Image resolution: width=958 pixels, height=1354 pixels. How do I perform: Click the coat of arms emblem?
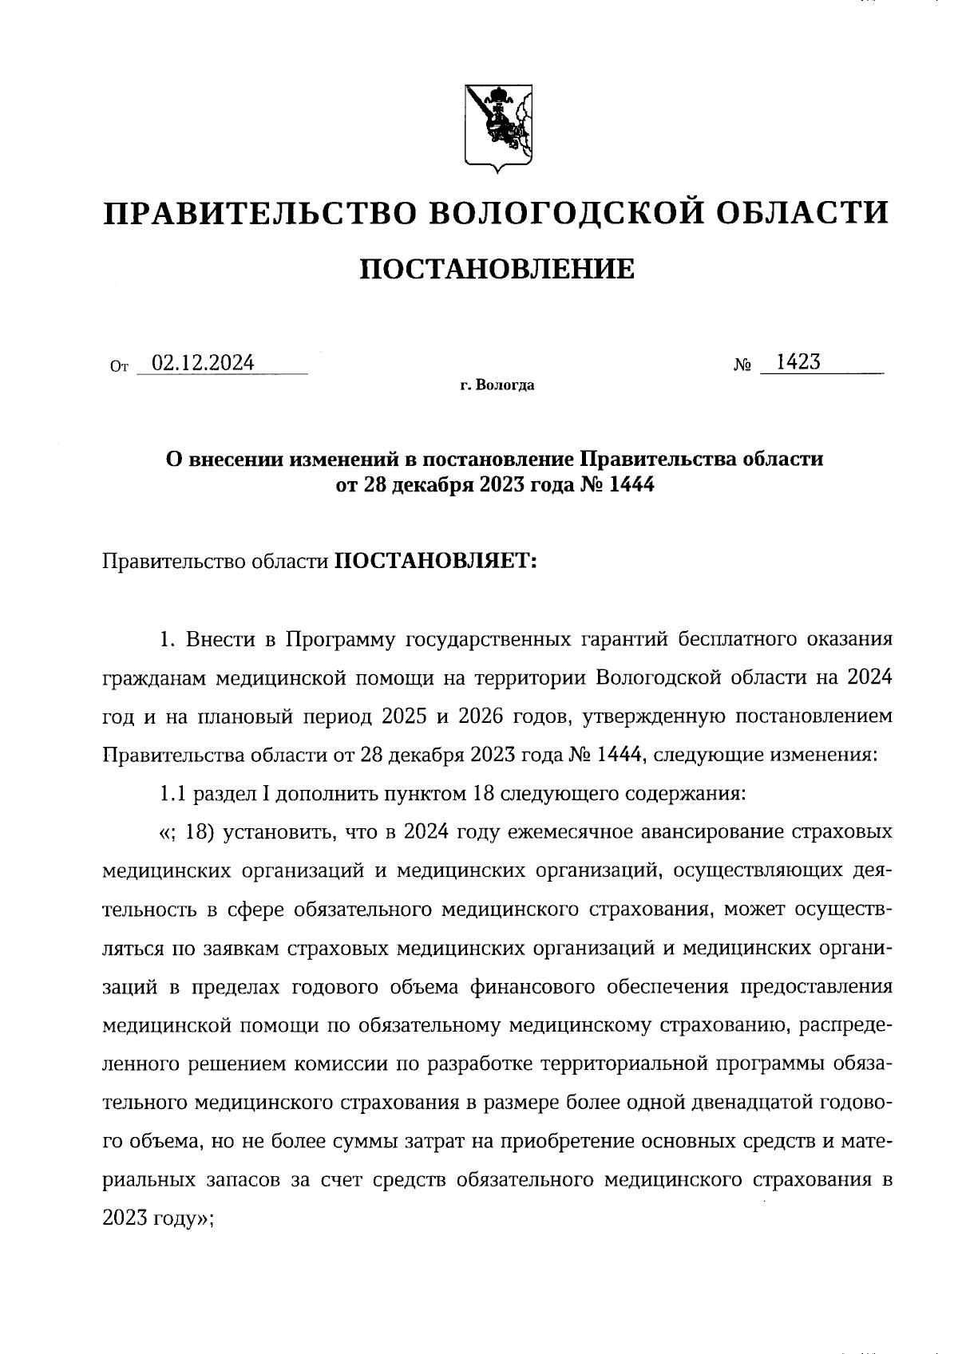pos(499,128)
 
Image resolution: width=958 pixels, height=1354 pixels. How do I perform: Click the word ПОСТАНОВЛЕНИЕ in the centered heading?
pos(497,270)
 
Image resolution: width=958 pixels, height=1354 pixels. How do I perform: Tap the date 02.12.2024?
pos(203,363)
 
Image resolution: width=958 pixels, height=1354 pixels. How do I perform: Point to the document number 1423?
pos(798,362)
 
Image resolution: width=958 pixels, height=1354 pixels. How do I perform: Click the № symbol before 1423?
pos(742,366)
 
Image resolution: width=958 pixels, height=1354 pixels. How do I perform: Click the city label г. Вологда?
pos(497,386)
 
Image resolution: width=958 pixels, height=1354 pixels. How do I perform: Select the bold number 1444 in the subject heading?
pos(631,484)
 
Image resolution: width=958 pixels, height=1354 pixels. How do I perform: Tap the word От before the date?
pos(118,368)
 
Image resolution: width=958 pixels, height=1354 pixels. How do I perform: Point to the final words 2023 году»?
pos(158,1218)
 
